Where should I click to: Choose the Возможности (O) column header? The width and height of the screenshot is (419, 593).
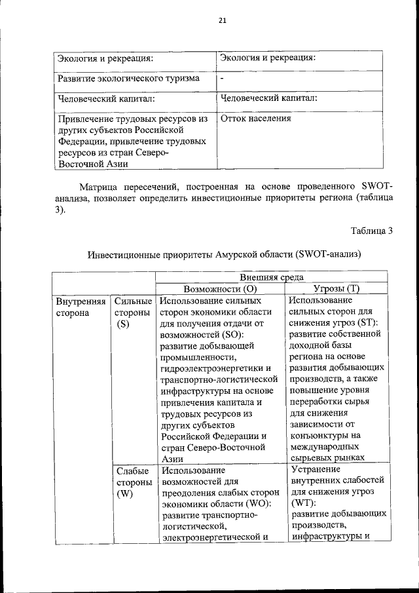click(219, 289)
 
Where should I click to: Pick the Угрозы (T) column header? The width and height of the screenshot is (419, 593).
click(337, 289)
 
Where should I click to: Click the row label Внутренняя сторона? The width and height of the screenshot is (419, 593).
click(81, 307)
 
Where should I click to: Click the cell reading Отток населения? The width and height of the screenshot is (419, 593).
click(256, 119)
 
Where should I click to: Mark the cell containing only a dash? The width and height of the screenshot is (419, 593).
click(223, 78)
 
